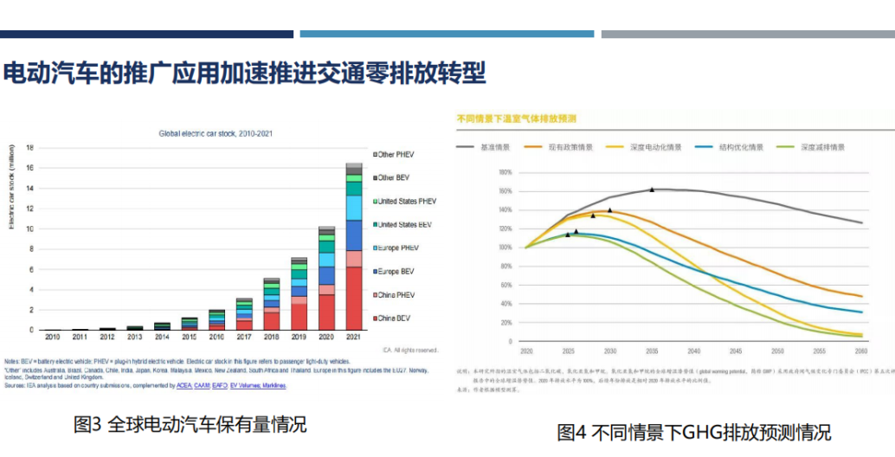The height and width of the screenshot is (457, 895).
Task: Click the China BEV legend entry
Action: point(395,319)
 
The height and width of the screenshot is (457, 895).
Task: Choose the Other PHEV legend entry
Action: point(396,154)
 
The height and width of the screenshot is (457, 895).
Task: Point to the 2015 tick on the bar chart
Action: point(189,337)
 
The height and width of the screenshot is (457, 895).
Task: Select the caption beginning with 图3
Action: point(190,424)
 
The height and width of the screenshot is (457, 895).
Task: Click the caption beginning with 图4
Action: point(692,431)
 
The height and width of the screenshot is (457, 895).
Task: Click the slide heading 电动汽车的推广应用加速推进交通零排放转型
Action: point(244,73)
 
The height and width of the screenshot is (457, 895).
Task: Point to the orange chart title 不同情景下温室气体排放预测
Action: point(516,118)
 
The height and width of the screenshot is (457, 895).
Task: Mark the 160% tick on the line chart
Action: point(505,190)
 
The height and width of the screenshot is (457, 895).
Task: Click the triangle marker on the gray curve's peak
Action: point(652,189)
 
